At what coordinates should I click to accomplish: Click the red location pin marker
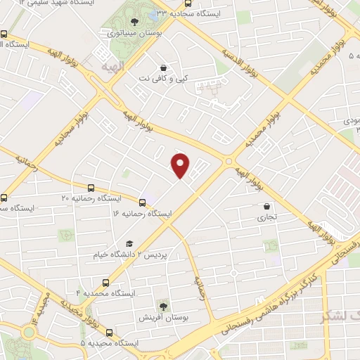(181, 166)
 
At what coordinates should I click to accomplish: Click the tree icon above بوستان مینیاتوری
(134, 22)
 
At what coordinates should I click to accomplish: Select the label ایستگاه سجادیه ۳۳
(216, 13)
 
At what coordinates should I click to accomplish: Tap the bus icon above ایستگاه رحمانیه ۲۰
(91, 188)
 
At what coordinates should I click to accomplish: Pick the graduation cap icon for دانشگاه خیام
(129, 243)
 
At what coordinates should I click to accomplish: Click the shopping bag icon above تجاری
(267, 206)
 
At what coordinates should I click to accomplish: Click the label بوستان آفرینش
(162, 319)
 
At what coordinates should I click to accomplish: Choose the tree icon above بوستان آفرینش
(163, 306)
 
